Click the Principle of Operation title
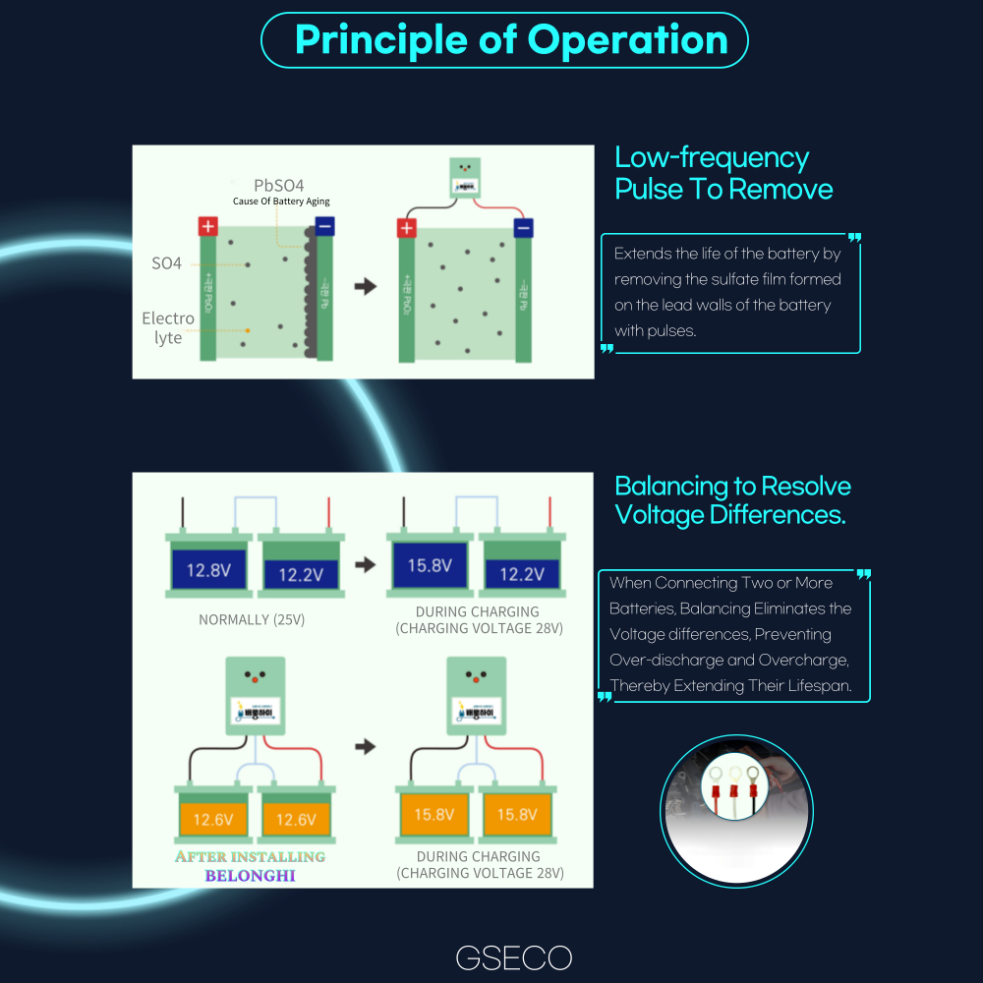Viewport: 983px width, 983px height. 511,40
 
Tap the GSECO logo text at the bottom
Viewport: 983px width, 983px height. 513,957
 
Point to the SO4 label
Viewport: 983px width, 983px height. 167,263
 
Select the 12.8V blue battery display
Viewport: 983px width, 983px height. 208,569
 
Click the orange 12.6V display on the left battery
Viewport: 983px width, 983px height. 212,818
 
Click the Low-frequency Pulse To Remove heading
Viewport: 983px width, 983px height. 723,173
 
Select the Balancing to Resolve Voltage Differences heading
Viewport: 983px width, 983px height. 732,500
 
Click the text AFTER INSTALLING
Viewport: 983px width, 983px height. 250,856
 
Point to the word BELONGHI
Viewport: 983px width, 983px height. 250,875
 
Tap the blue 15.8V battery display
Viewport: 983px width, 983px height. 430,565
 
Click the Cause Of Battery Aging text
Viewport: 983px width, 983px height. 281,202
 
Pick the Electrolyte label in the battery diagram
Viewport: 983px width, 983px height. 168,328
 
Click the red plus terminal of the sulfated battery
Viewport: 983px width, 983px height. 208,226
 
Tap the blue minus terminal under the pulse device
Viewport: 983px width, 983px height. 523,229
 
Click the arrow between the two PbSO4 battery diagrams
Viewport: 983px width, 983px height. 366,287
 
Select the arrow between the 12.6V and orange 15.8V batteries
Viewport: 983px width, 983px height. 366,747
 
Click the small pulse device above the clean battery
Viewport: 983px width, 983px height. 466,179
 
